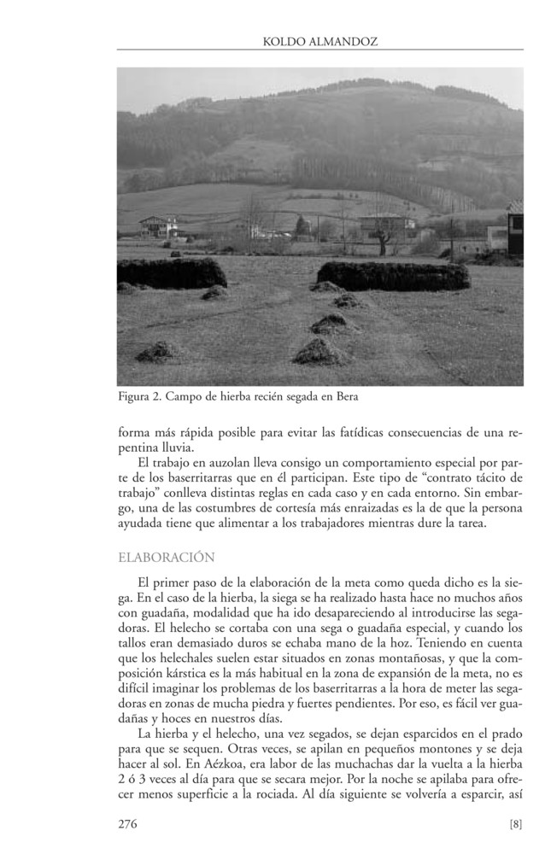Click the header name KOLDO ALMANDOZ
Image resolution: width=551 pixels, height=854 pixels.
tap(320, 40)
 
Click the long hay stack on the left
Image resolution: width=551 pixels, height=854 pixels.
tap(171, 273)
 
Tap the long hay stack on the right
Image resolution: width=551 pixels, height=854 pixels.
tap(393, 275)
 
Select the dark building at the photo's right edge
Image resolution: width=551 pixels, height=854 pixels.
tap(514, 231)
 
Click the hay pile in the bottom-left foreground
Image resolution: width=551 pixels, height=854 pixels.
tap(158, 350)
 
